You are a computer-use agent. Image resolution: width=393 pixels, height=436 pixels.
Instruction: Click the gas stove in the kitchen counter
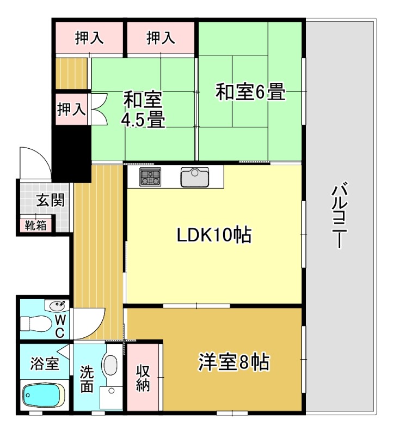150,177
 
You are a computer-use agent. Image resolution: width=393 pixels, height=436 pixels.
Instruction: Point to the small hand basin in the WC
57,305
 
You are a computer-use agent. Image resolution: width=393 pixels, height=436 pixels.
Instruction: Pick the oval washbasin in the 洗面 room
110,365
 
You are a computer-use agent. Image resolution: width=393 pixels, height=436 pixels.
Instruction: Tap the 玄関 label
50,200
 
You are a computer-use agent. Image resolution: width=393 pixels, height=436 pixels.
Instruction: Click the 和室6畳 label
250,92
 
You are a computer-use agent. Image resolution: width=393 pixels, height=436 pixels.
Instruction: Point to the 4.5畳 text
143,120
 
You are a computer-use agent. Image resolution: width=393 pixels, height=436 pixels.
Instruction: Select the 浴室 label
44,363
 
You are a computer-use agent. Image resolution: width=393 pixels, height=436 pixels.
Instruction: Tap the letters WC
60,325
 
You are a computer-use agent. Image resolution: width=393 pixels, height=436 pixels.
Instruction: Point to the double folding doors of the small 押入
98,109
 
